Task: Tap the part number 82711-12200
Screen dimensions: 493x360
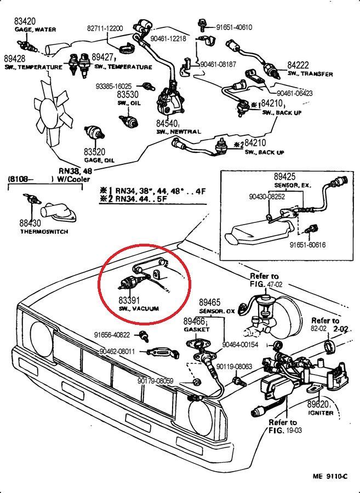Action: coord(105,28)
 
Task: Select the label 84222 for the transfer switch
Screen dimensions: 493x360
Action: coord(298,65)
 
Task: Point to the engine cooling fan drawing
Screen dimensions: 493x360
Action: coord(54,112)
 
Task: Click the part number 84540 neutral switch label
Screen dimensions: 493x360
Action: coord(167,124)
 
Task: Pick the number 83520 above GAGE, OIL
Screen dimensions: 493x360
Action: coord(94,152)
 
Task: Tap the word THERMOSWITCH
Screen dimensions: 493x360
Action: coord(44,232)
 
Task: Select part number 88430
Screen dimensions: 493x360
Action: coord(31,223)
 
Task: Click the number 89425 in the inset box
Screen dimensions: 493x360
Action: coord(285,177)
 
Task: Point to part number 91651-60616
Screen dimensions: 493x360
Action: coord(307,245)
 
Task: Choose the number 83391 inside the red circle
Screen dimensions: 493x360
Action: coord(129,301)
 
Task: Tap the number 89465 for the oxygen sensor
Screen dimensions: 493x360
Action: coord(209,302)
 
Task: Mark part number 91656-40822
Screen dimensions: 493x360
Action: coord(112,335)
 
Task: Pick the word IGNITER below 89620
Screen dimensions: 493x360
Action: coord(320,412)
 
